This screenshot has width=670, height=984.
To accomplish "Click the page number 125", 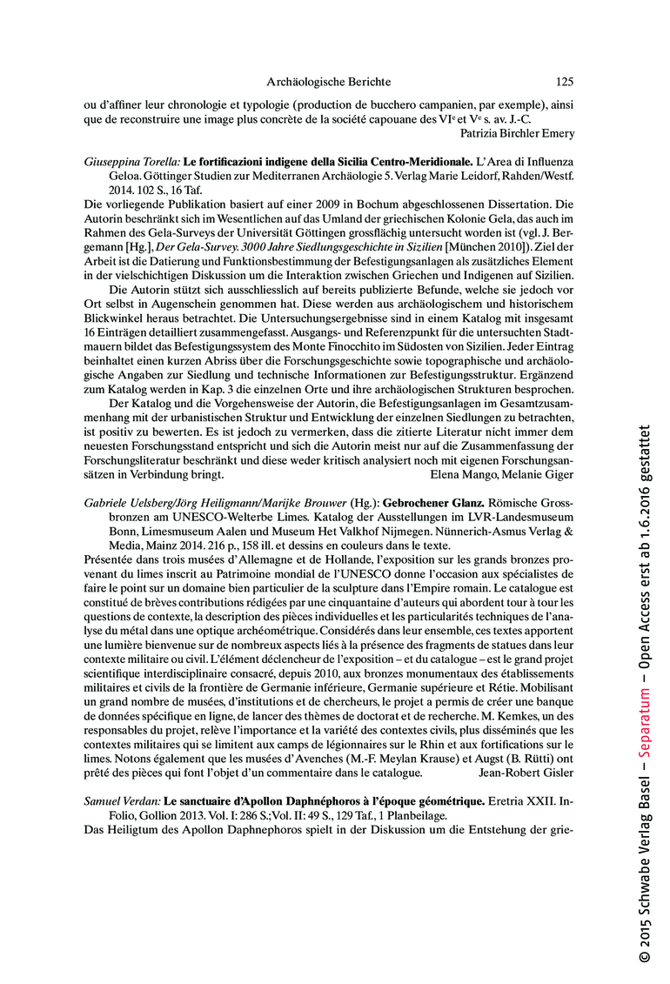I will [564, 83].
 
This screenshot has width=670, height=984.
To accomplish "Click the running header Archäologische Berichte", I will [328, 83].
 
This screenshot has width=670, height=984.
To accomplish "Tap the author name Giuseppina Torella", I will [131, 163].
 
